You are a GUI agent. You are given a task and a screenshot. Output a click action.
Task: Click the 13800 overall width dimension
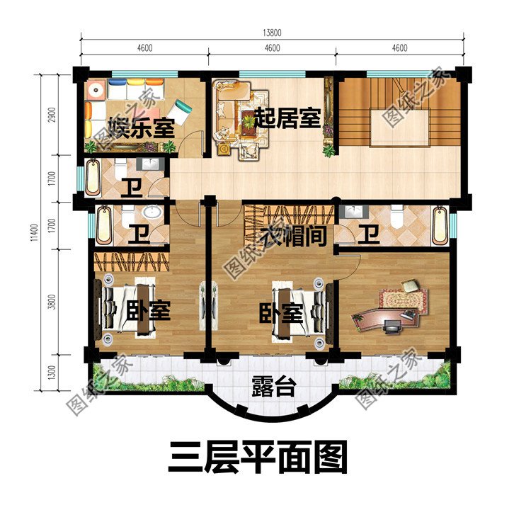tap(272, 33)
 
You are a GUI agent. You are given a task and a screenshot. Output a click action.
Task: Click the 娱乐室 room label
tap(142, 130)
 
